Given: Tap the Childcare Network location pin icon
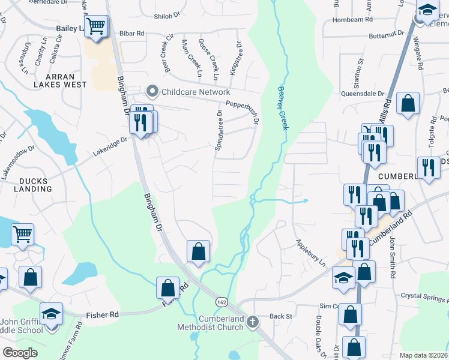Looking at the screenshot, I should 152,92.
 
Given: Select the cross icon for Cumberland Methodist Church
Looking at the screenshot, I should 252,322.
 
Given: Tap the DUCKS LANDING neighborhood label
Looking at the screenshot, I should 28,184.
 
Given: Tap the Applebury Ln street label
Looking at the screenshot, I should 310,253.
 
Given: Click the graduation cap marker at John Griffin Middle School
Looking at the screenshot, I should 52,314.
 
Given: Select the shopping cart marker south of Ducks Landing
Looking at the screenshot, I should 22,235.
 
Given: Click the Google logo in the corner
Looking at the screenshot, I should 20,352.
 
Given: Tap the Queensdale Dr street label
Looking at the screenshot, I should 362,94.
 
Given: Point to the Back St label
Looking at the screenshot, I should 280,316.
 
